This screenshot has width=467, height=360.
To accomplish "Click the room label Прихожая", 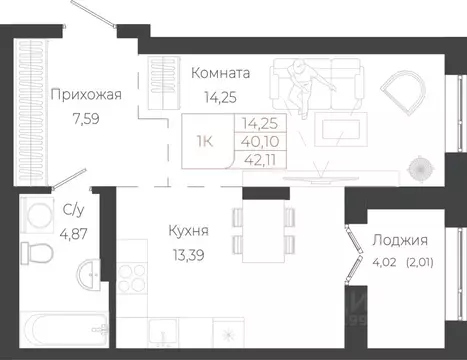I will [x=85, y=95].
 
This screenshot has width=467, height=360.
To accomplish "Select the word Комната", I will [x=220, y=73].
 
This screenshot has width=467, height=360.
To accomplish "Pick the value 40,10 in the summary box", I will [x=258, y=143].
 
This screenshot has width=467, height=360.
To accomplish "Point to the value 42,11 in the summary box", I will [x=258, y=161].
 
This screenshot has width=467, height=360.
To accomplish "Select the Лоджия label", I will [x=400, y=240].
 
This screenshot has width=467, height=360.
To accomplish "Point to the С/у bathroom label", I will [x=72, y=210].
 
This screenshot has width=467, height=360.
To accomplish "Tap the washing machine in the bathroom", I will [x=39, y=215].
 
